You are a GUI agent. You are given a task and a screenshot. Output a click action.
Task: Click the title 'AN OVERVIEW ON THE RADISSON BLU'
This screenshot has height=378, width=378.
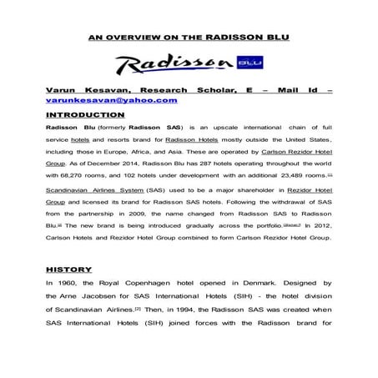(x=189, y=38)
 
